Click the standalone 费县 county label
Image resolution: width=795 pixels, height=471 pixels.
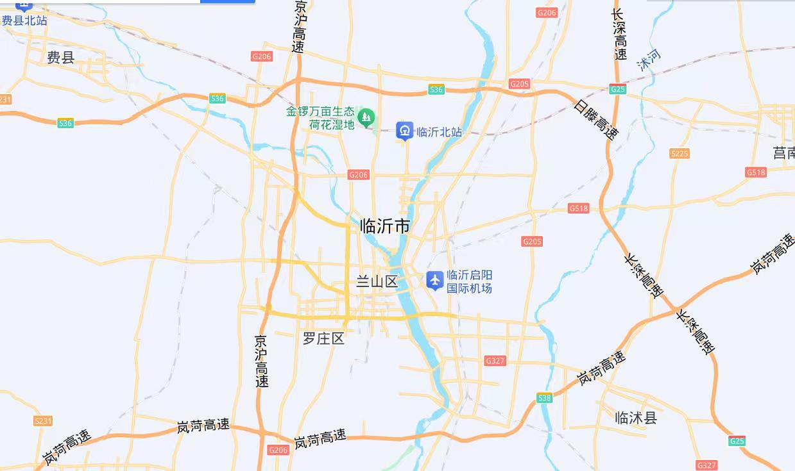[x=61, y=58]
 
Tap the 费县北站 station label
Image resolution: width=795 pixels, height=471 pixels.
[x=24, y=21]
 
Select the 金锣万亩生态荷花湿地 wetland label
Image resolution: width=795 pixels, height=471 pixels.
[x=320, y=118]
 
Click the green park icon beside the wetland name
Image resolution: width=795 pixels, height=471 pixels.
[x=366, y=117]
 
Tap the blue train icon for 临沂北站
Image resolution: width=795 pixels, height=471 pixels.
[x=404, y=131]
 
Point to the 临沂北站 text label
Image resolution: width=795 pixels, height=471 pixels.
[x=440, y=133]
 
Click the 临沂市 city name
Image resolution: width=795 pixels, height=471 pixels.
[x=385, y=226]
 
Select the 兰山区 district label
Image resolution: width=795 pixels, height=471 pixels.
[x=377, y=282]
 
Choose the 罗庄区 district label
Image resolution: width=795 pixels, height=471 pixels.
[x=323, y=338]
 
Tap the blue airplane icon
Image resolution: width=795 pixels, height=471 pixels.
[x=435, y=280]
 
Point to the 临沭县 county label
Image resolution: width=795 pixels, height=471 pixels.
[x=635, y=418]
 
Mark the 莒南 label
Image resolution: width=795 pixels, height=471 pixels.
[x=783, y=153]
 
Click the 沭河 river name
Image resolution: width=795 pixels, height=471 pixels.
[x=648, y=60]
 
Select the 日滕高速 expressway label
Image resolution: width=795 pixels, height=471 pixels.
[x=596, y=120]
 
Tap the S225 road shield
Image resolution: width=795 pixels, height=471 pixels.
[x=679, y=153]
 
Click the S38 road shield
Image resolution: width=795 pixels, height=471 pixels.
[x=545, y=398]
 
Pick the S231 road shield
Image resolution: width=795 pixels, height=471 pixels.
[x=42, y=420]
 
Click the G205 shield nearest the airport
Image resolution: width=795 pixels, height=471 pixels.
[x=532, y=242]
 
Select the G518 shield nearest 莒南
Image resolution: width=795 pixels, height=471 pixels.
[x=756, y=172]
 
